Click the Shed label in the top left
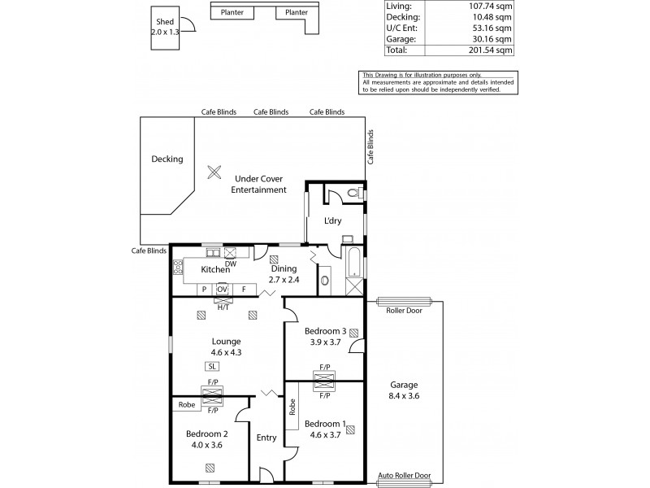(165, 23)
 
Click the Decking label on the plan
(167, 159)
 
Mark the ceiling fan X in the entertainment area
(214, 172)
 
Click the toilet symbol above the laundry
(352, 194)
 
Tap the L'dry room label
(332, 221)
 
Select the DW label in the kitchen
(231, 264)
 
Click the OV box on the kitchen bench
(222, 289)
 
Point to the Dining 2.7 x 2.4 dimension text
(284, 280)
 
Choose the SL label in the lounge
(212, 366)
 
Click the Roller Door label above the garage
(404, 310)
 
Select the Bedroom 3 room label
(325, 331)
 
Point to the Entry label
(266, 438)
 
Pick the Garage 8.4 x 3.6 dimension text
(404, 397)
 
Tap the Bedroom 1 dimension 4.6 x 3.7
(325, 435)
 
